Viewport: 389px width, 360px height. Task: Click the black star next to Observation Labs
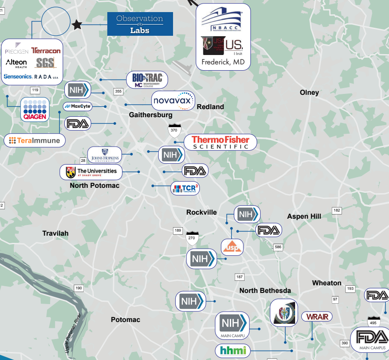coord(77,25)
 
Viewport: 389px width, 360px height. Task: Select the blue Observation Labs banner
coord(140,24)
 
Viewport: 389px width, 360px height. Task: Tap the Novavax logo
coord(173,101)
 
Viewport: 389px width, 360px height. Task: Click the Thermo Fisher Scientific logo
coord(220,142)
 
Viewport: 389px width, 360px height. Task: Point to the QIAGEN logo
coord(35,109)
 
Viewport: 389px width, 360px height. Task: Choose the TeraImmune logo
coord(35,140)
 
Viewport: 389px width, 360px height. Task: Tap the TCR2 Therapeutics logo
coord(185,188)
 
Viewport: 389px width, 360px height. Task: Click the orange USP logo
coord(232,247)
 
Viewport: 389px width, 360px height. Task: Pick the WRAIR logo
coord(317,317)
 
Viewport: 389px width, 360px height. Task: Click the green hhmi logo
coord(233,351)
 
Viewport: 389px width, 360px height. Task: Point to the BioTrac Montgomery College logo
coord(147,80)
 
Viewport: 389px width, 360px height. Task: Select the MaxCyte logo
coord(78,106)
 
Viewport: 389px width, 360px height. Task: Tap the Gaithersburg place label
coord(151,115)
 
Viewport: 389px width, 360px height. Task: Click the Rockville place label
coord(201,212)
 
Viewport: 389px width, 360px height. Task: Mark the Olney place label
coord(309,93)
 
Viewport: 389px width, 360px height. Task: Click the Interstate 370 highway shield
coord(174,130)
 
